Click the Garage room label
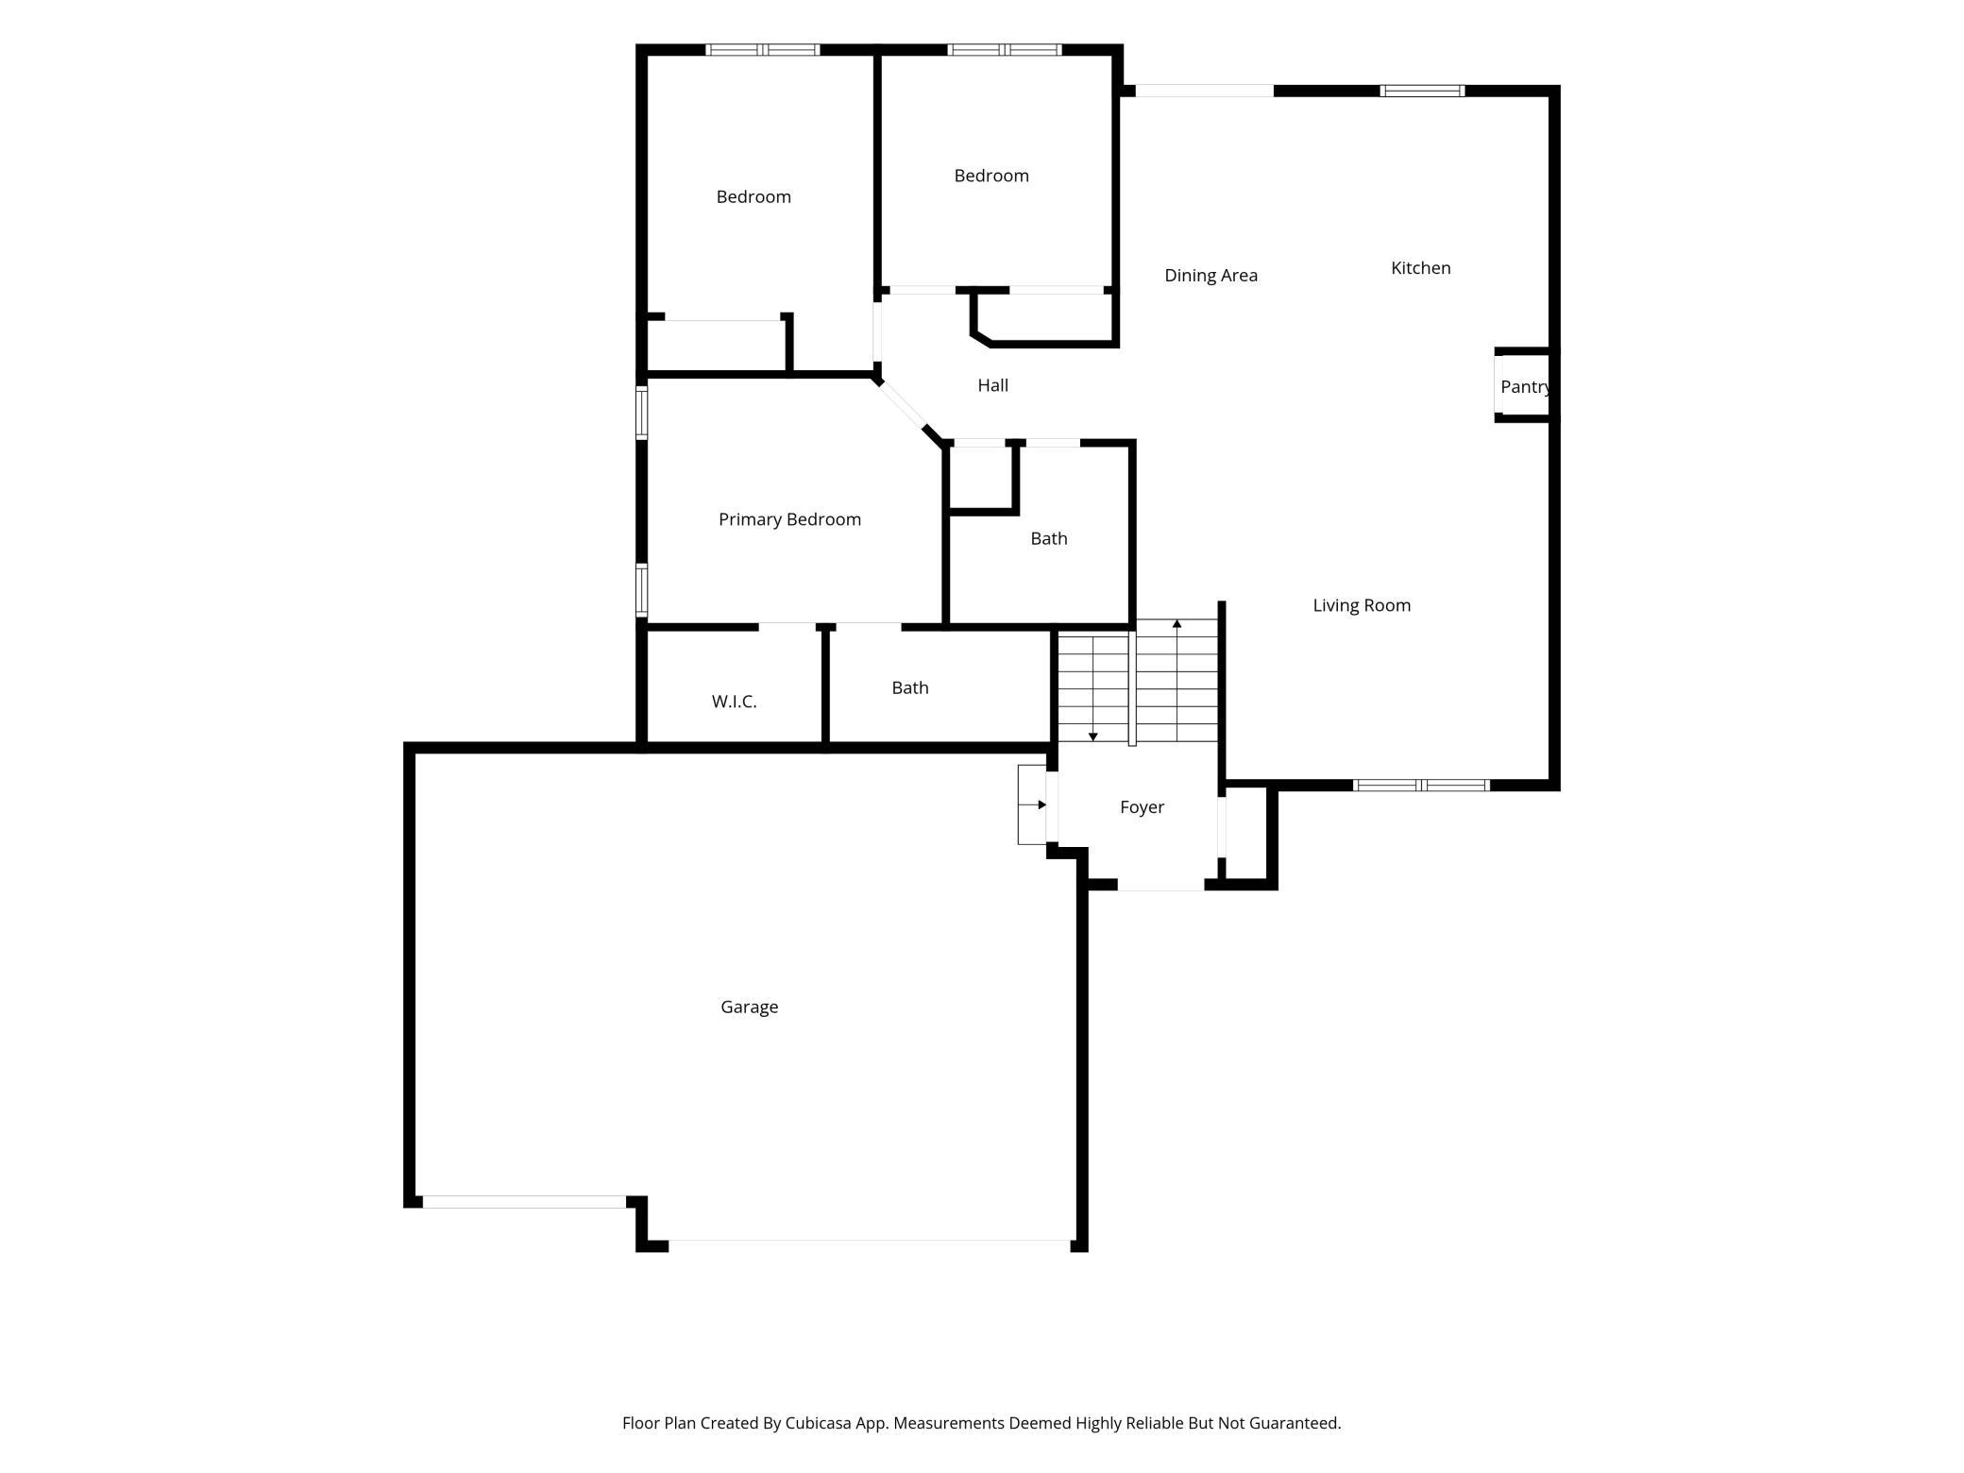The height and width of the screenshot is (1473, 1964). pos(749,1007)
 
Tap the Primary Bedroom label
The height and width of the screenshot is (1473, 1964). pos(789,519)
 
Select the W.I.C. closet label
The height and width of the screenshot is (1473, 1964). pos(734,702)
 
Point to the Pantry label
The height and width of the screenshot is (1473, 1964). pos(1525,387)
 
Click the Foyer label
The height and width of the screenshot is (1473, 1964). pos(1142,807)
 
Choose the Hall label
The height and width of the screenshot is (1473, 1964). pos(992,385)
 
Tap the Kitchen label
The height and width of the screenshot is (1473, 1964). pos(1420,268)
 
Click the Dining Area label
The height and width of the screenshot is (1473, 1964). pos(1211,276)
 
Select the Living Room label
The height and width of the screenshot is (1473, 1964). pos(1362,605)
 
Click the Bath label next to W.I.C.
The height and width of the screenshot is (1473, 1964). pos(909,688)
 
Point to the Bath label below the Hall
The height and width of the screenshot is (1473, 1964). pos(1048,539)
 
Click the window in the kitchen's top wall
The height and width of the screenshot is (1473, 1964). pos(1422,91)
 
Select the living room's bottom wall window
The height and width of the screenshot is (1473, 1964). pos(1421,786)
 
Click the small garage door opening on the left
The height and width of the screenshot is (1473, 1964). pos(524,1202)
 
